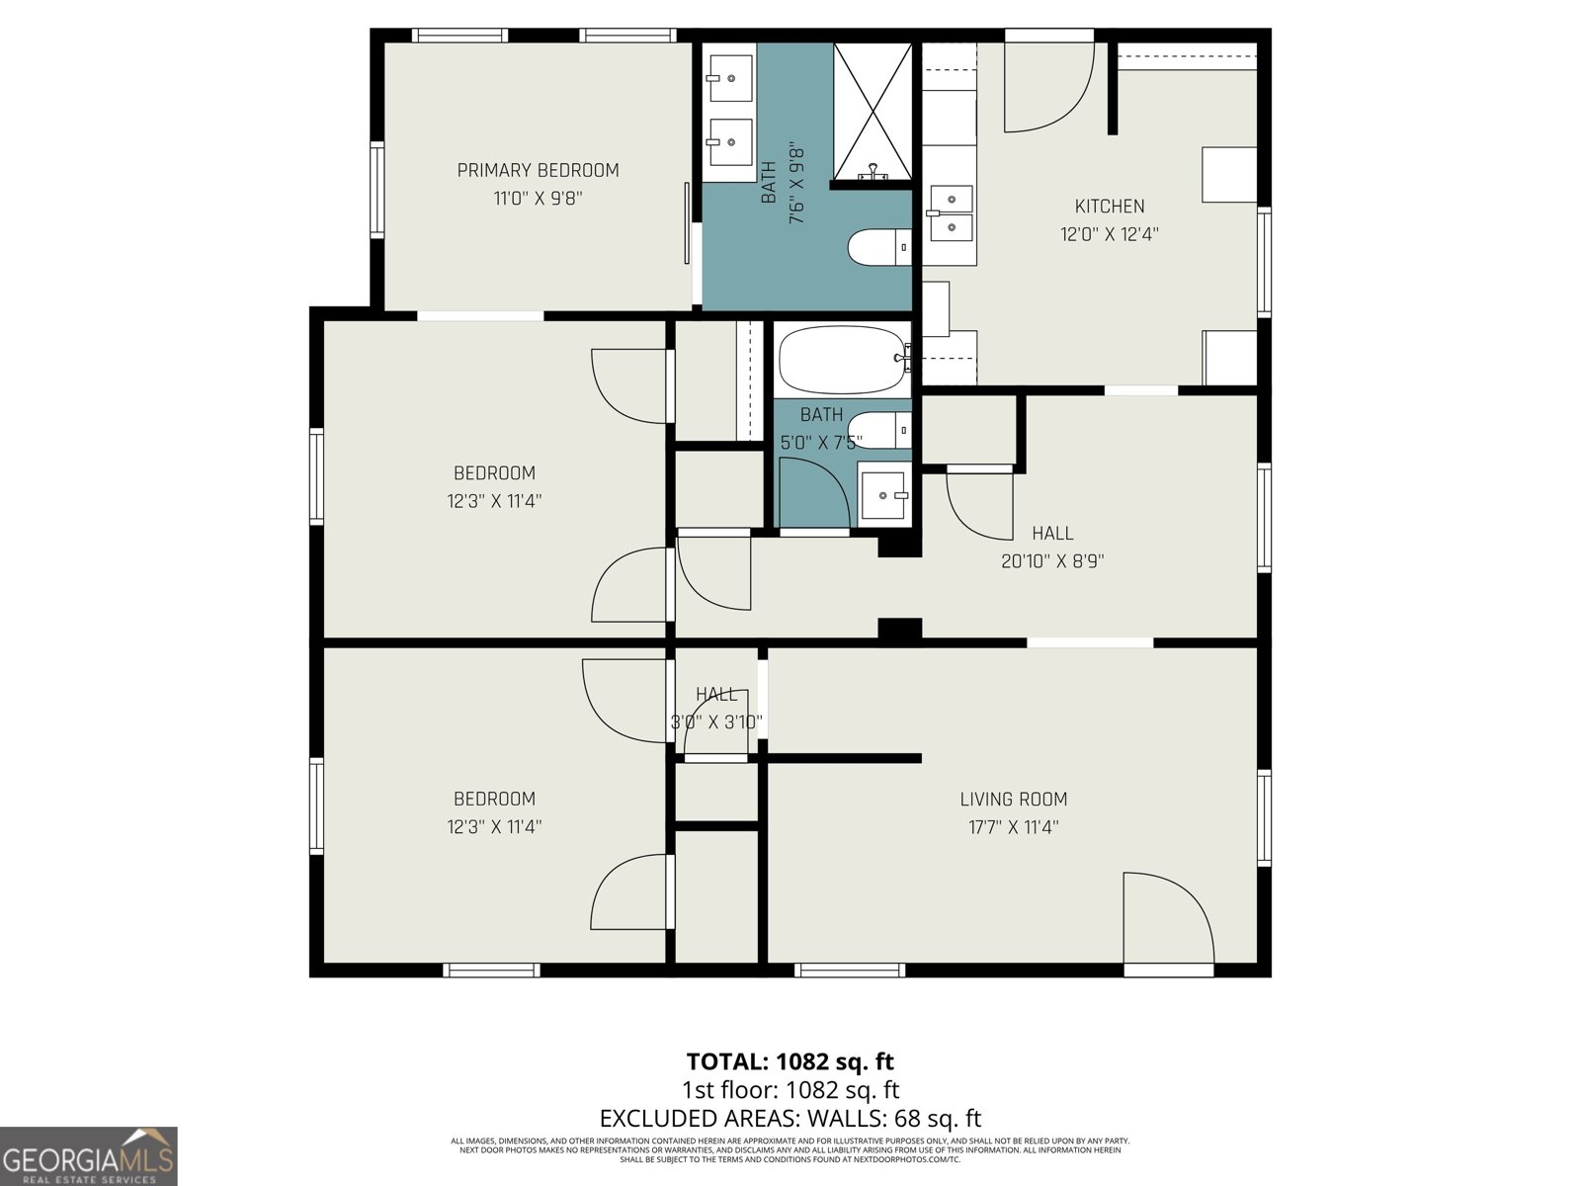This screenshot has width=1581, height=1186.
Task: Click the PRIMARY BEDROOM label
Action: coord(538,170)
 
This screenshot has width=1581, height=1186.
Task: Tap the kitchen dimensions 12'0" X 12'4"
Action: coord(1109,234)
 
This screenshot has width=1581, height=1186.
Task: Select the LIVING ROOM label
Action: coord(1013,799)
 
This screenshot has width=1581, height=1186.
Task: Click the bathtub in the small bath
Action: coord(841,360)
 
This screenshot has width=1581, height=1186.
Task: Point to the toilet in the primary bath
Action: coord(878,247)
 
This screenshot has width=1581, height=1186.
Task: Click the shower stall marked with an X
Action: coord(872,111)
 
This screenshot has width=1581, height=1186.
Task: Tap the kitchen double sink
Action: coord(951,212)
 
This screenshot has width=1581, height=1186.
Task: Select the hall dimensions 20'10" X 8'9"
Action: coord(1051,561)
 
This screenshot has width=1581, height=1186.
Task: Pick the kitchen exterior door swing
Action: coord(1047,89)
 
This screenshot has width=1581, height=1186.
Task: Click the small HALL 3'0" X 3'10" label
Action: coord(716,708)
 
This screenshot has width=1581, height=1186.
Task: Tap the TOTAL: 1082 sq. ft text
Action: coord(790,1061)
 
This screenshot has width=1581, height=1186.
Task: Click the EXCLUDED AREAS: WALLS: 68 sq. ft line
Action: coord(790,1118)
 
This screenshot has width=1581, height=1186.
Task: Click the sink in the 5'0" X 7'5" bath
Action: coord(883,495)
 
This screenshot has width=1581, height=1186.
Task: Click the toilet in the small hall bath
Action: coord(877,430)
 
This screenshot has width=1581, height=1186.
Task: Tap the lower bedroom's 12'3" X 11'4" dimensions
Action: coord(494,826)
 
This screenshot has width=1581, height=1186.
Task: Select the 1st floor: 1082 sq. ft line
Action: coord(790,1090)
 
